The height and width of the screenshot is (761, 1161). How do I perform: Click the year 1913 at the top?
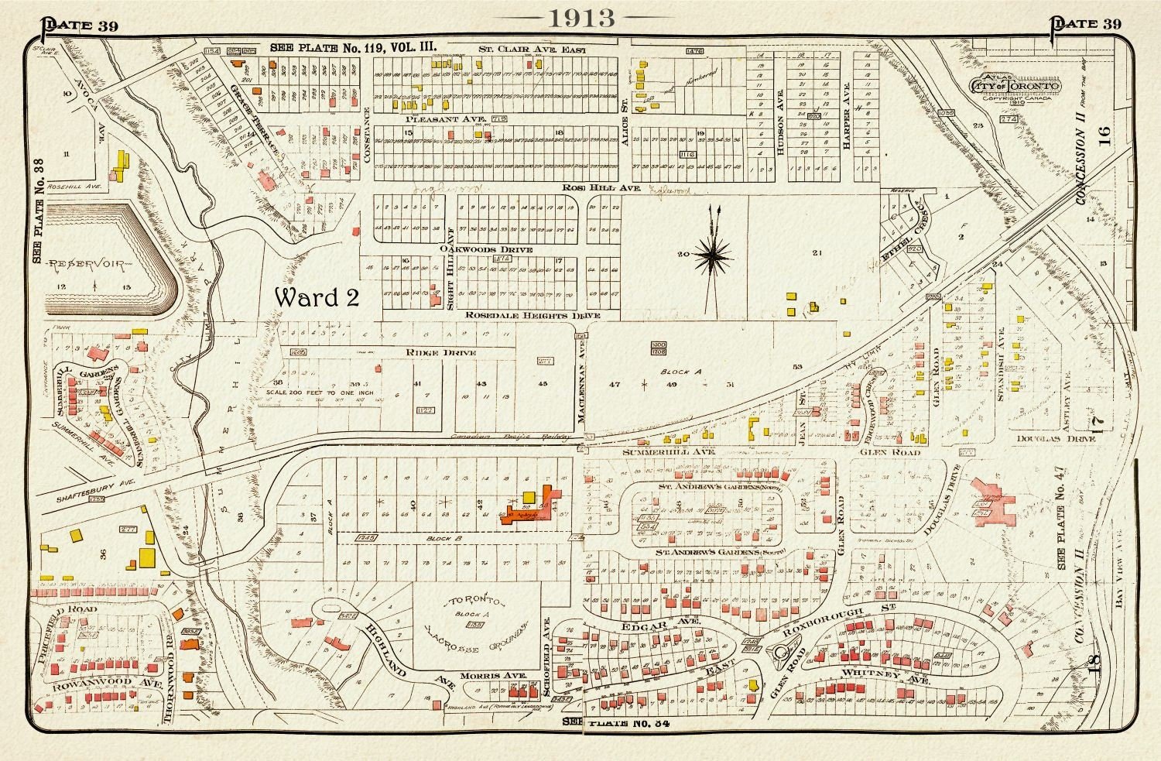(x=580, y=19)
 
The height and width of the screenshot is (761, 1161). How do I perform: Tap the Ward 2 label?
(x=317, y=297)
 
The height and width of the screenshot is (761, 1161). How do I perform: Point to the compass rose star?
(x=716, y=253)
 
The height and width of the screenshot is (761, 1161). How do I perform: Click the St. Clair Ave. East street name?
(x=533, y=50)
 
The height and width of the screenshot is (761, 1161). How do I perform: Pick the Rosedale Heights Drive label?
(x=533, y=316)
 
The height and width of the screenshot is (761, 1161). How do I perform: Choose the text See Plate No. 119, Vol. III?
(x=353, y=47)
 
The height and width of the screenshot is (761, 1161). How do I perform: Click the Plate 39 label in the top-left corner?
(x=79, y=25)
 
